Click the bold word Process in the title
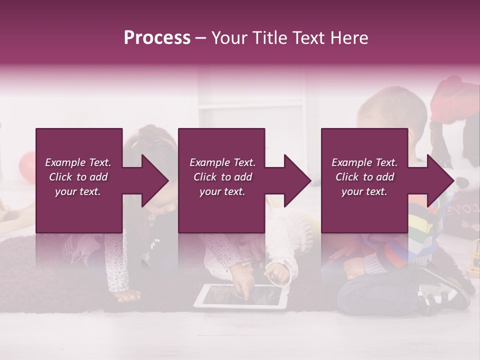[157, 38]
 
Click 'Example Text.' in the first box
[78, 162]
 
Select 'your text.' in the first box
[78, 191]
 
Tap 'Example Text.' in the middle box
[222, 162]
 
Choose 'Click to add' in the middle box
[222, 177]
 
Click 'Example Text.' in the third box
[364, 162]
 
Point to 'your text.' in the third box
[364, 191]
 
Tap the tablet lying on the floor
[241, 296]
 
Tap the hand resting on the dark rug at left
[127, 296]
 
